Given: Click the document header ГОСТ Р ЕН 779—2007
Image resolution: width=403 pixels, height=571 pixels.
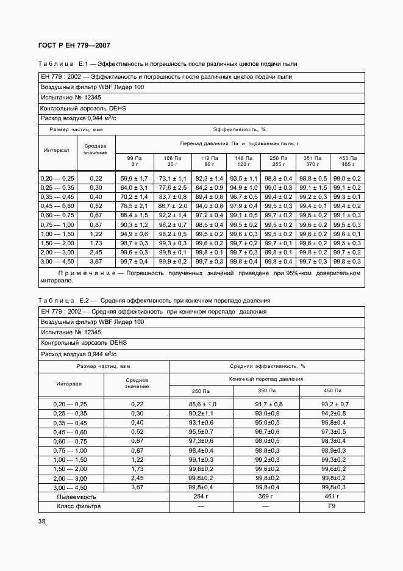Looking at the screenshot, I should point(74,45).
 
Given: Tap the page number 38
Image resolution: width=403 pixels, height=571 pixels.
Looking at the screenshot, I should point(41,521).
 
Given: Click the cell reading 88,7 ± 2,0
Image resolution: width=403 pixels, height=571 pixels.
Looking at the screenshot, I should point(173,207).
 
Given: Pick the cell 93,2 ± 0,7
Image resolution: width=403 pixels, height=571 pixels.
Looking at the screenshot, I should point(333,404).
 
